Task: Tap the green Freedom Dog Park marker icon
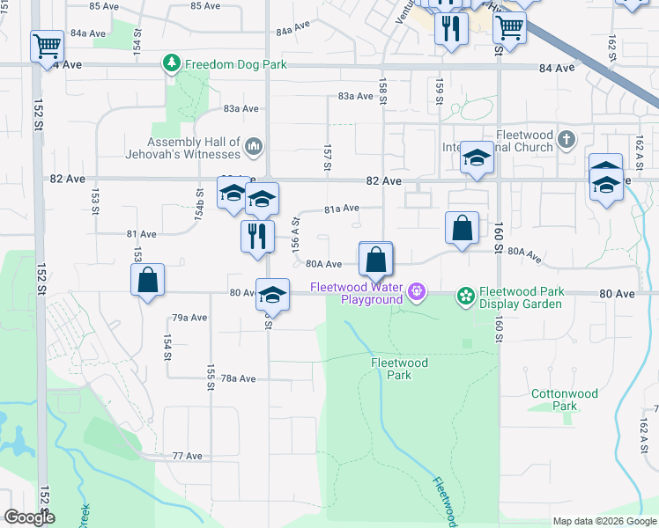point(171,63)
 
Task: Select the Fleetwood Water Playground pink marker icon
point(417,290)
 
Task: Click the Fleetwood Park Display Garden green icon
point(464,296)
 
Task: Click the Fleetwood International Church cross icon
point(566,139)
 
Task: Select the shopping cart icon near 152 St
point(47,45)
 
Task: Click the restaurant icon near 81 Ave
point(256,236)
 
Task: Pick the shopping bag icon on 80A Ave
point(375,260)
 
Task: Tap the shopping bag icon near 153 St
point(148,281)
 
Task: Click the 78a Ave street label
point(238,378)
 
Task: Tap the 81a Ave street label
point(342,209)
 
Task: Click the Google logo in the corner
point(28,517)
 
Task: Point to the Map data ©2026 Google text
point(604,521)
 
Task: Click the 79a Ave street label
point(189,318)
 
